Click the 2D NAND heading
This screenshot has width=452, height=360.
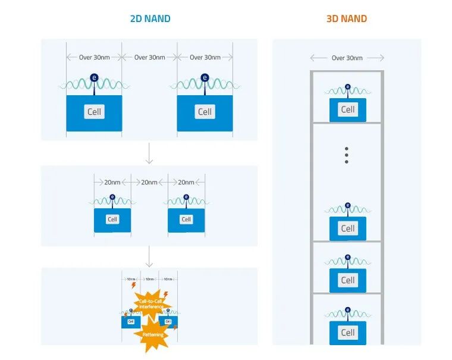coord(150,18)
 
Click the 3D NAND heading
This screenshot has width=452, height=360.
coord(346,18)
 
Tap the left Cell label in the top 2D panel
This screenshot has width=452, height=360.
coord(94,112)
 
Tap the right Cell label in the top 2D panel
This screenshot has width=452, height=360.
coord(205,112)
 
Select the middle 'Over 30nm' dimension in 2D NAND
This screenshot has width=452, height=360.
coord(149,58)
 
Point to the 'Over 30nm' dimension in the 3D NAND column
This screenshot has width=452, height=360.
coord(347,58)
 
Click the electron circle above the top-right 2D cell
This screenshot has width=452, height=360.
coord(205,77)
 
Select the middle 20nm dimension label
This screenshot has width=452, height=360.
coord(149,182)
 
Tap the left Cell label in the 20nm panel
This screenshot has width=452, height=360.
coord(112,220)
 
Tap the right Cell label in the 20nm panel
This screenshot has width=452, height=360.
coord(186,220)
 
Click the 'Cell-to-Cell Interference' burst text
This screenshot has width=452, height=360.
coord(151,304)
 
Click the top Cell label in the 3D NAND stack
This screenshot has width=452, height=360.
coord(348,109)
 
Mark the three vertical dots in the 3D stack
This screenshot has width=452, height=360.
coord(346,155)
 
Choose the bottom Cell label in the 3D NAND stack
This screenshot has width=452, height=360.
coord(348,333)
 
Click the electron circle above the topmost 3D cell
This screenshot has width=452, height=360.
coord(348,85)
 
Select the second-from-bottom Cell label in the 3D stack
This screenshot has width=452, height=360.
coord(348,280)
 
